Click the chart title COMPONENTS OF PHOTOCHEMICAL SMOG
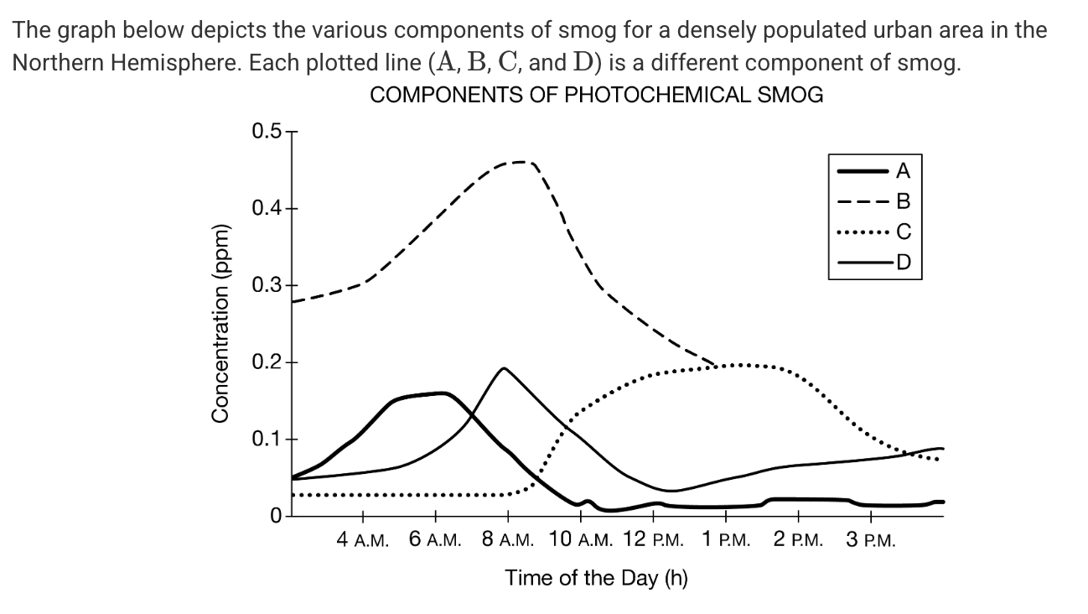click(x=596, y=95)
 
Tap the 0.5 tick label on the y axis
click(x=267, y=132)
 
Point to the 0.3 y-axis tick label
click(x=267, y=285)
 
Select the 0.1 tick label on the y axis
click(x=267, y=439)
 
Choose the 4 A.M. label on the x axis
click(x=362, y=539)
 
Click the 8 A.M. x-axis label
click(x=508, y=539)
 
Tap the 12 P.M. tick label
click(x=654, y=539)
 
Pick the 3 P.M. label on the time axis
click(x=871, y=539)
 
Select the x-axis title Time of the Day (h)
click(x=596, y=578)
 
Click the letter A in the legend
click(x=903, y=170)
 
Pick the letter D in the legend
click(x=903, y=263)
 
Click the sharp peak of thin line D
click(x=504, y=368)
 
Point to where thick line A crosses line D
click(x=471, y=414)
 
